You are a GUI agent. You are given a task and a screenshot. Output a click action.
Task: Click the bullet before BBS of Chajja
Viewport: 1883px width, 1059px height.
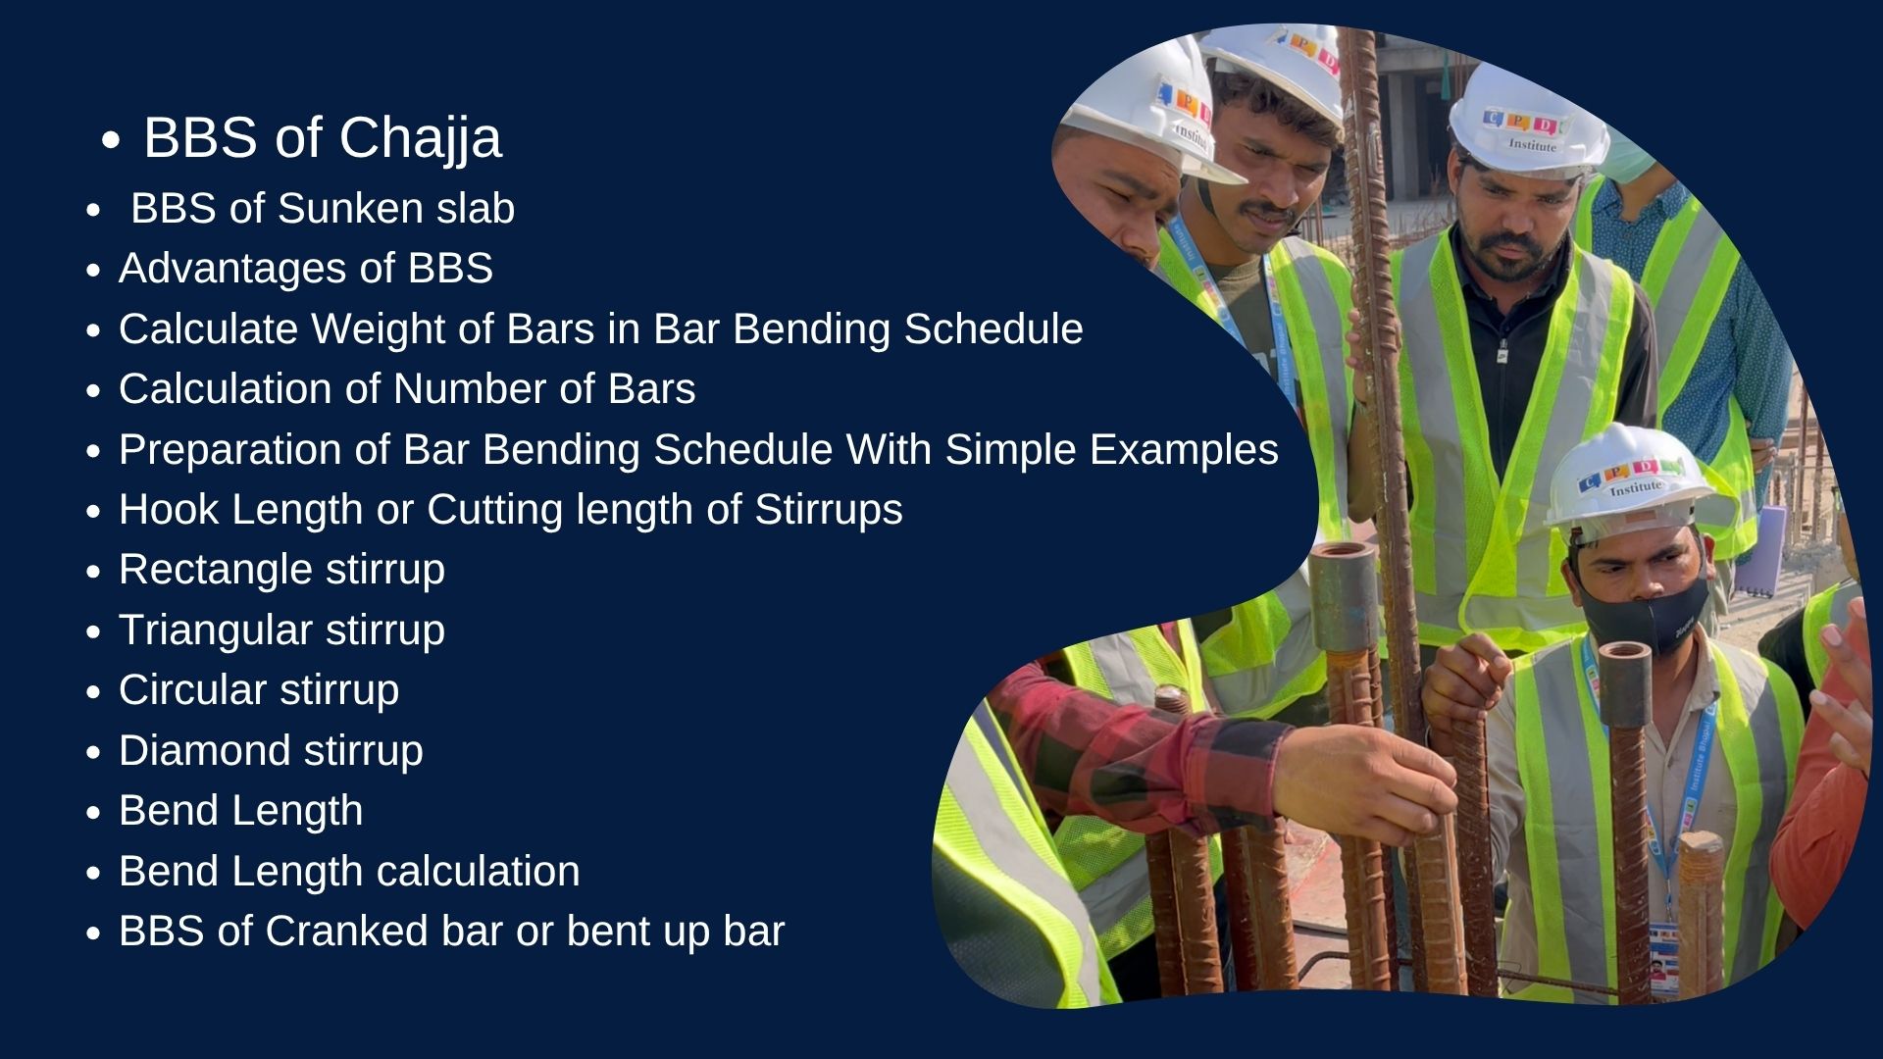(111, 141)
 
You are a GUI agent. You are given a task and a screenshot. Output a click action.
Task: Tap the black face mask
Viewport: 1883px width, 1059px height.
(1645, 613)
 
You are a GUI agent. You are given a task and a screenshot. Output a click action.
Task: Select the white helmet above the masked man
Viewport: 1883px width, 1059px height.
(1627, 480)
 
